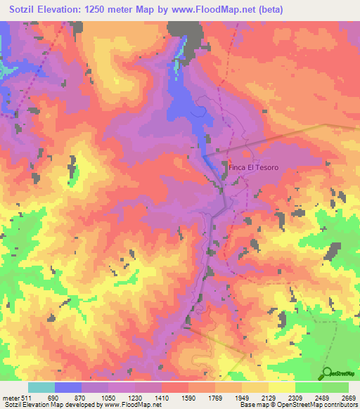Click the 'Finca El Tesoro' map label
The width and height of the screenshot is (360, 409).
[254, 167]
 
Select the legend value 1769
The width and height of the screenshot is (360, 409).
[216, 398]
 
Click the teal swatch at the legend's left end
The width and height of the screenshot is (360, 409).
[41, 387]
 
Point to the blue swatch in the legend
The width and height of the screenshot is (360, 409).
[68, 387]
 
